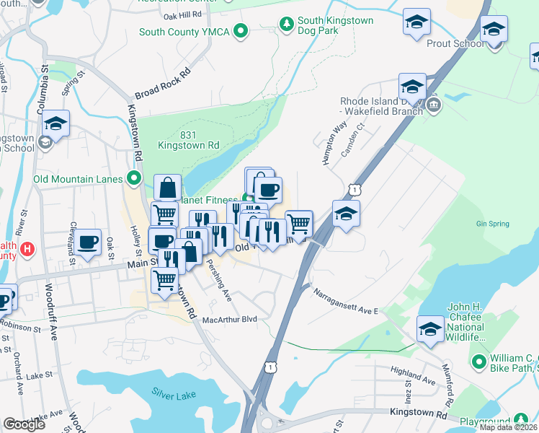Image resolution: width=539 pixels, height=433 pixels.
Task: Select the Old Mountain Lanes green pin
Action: (133, 178)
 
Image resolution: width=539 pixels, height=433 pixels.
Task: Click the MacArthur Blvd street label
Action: (230, 319)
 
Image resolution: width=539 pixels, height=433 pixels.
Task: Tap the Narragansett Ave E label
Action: (345, 301)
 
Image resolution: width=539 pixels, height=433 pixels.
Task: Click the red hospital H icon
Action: (27, 250)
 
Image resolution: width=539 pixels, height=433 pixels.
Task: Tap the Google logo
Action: (24, 424)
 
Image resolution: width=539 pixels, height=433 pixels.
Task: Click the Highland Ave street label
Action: (413, 375)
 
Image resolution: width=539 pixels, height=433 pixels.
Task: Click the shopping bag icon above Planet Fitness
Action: (167, 188)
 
